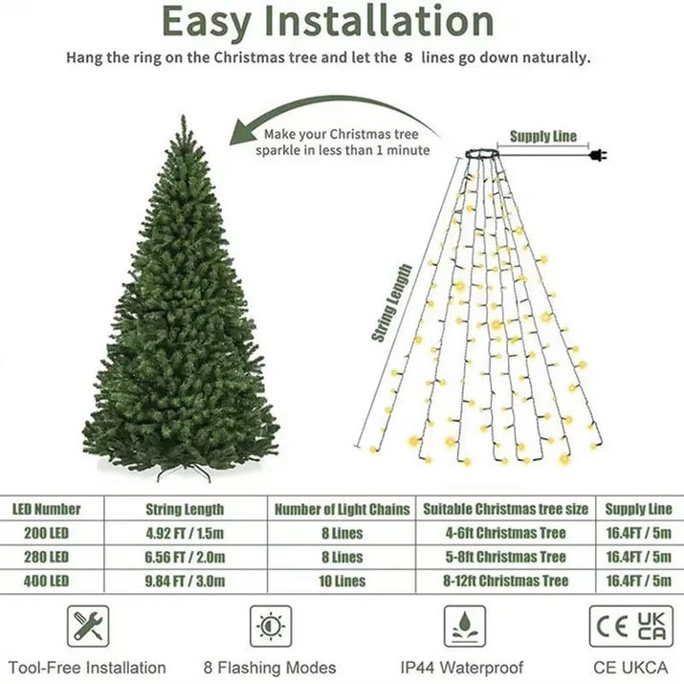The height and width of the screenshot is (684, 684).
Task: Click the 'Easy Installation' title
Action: (x=328, y=21)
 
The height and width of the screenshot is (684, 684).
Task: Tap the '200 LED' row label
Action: (x=46, y=533)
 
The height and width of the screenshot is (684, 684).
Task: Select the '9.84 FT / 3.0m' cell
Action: (x=185, y=581)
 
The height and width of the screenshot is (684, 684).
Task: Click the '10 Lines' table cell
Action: (x=342, y=581)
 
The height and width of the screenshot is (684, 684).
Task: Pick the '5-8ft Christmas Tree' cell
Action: (x=507, y=557)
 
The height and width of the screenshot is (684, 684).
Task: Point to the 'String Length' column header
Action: (x=185, y=509)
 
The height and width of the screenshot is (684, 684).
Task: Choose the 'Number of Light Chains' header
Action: (x=342, y=509)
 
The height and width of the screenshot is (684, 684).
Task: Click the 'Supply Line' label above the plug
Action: (x=542, y=136)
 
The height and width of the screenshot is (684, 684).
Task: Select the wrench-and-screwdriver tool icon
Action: (x=88, y=626)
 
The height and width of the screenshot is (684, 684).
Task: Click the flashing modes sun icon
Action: (x=271, y=626)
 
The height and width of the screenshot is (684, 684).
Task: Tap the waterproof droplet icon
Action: (x=465, y=626)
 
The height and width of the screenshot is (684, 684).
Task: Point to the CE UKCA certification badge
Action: (x=630, y=626)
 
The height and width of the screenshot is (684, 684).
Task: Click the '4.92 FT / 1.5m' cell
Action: (x=185, y=533)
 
